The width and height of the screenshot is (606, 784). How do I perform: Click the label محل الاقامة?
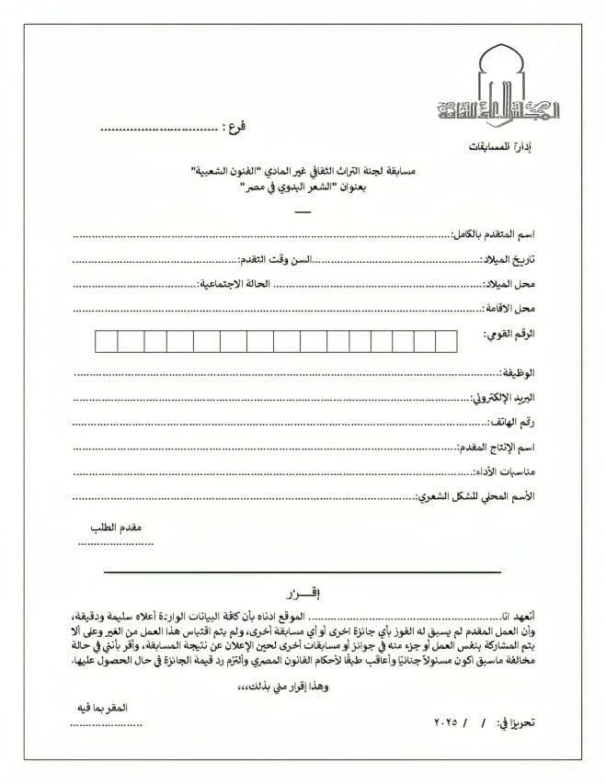[516, 307]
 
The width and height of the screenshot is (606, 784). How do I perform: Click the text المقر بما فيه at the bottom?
[102, 707]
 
